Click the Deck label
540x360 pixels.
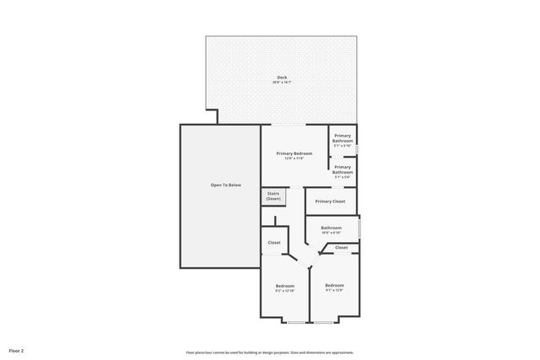coord(282,78)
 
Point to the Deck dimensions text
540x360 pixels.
coord(282,83)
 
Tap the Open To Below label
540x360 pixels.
coord(219,185)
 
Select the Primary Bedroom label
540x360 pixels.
coord(294,153)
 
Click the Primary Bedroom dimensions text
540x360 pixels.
coord(294,158)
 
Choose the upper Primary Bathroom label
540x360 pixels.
coord(343,138)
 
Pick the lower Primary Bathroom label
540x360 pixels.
coord(343,169)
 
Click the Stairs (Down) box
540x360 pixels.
coord(273,196)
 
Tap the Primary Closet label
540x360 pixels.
coord(330,201)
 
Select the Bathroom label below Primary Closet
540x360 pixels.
coord(331,228)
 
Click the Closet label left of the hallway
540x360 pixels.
coord(274,243)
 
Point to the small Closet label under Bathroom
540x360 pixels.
coord(341,247)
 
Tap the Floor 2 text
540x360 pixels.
coord(17,350)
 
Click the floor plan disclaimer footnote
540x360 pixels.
coord(270,352)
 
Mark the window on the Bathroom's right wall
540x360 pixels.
coord(359,228)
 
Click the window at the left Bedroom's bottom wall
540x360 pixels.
coord(295,321)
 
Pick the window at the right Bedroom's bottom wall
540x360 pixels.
coord(325,321)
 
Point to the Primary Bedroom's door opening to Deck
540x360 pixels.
coord(294,125)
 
